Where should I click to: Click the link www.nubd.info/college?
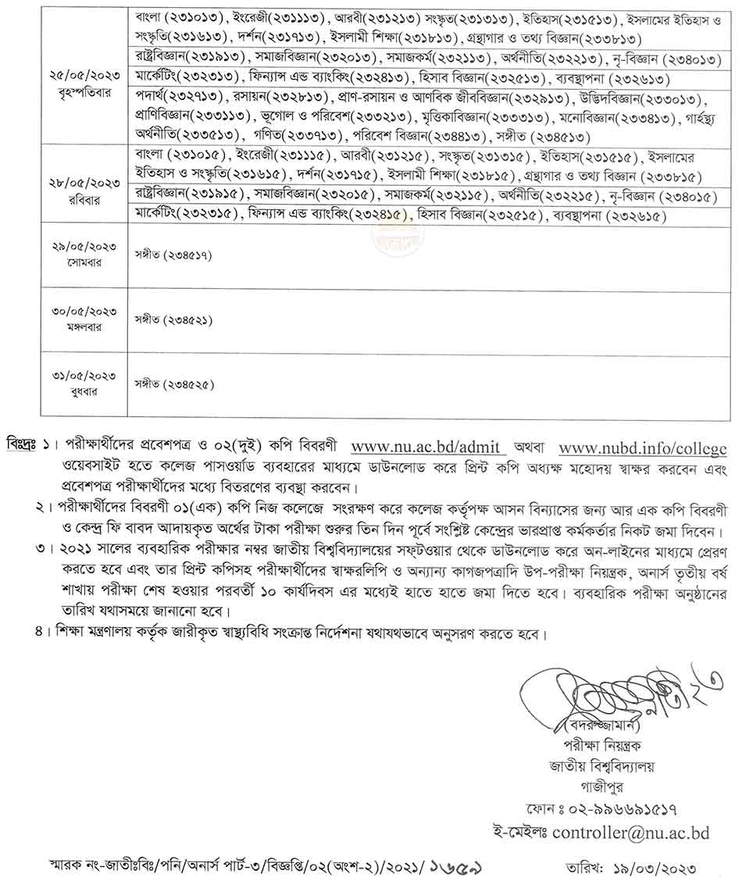643,448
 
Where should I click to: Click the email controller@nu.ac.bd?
630,832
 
